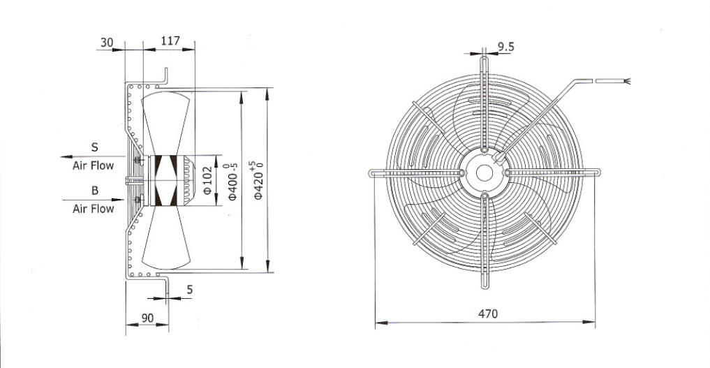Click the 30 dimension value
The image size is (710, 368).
pyautogui.click(x=106, y=43)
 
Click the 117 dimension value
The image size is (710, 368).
pyautogui.click(x=170, y=41)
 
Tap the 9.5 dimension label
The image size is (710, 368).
pyautogui.click(x=505, y=47)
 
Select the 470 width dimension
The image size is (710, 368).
pyautogui.click(x=488, y=314)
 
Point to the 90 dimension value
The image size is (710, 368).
pyautogui.click(x=147, y=318)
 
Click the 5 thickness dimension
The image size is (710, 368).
pyautogui.click(x=190, y=290)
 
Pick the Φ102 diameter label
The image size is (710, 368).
pyautogui.click(x=207, y=180)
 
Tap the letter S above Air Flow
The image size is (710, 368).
pyautogui.click(x=95, y=147)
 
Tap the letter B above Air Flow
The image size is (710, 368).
pyautogui.click(x=95, y=191)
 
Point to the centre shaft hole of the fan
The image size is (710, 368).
pyautogui.click(x=484, y=172)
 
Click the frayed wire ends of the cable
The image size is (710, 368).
pyautogui.click(x=627, y=82)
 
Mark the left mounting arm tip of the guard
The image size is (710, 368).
pyautogui.click(x=371, y=172)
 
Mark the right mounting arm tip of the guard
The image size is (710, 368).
pyautogui.click(x=598, y=172)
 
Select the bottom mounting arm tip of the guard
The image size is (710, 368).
pyautogui.click(x=484, y=286)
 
